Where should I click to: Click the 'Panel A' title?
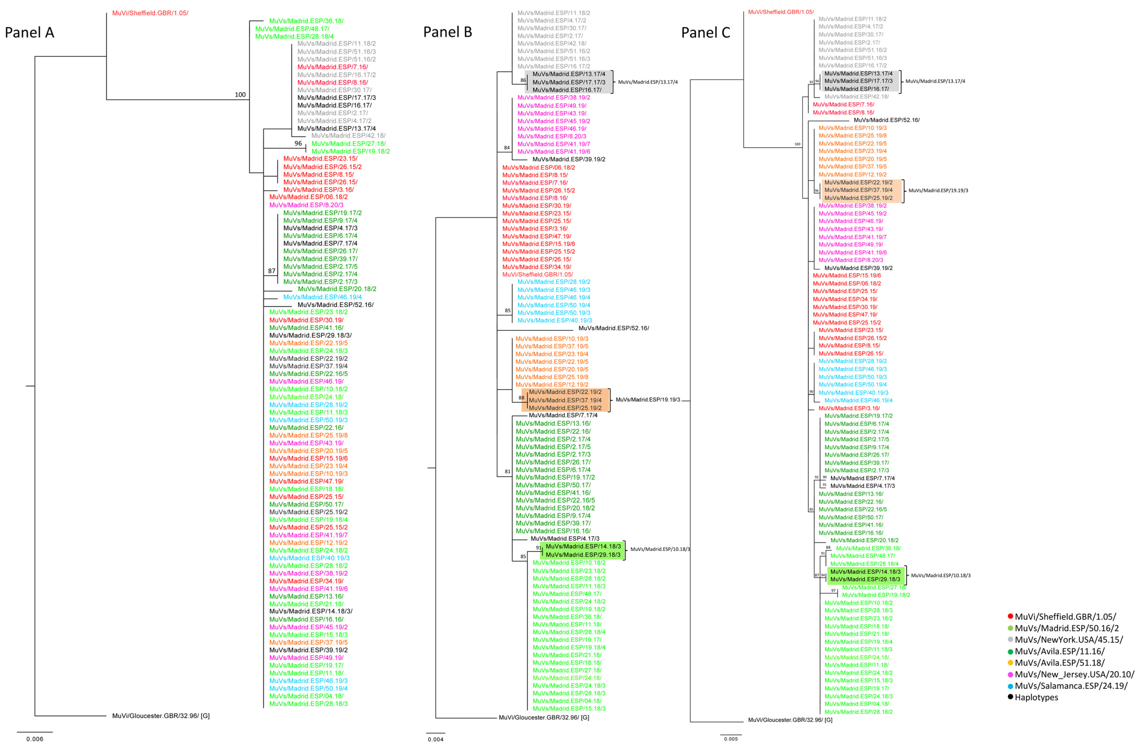[29, 33]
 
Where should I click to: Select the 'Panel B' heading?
[448, 32]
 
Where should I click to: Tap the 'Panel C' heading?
[706, 33]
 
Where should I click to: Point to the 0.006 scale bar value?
[35, 739]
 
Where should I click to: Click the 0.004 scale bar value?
[435, 739]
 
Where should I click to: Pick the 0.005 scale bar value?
[731, 739]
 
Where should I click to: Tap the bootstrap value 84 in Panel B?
[507, 148]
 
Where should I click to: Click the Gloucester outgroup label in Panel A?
[161, 716]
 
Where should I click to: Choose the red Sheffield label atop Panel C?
[781, 12]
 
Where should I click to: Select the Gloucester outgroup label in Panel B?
[544, 717]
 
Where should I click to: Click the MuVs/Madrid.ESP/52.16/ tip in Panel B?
[613, 328]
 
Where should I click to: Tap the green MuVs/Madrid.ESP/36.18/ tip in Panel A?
[306, 21]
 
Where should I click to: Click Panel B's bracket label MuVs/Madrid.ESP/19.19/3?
[648, 399]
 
